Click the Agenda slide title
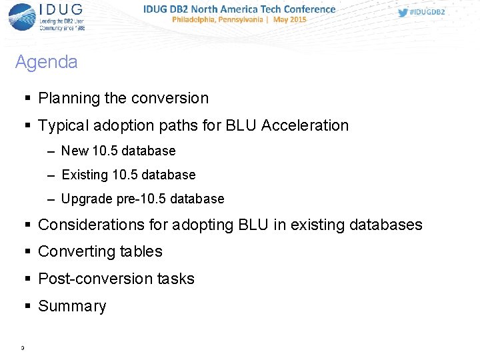[x=46, y=62]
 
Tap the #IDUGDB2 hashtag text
[x=427, y=12]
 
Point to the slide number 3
[x=23, y=347]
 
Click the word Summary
[x=72, y=306]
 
